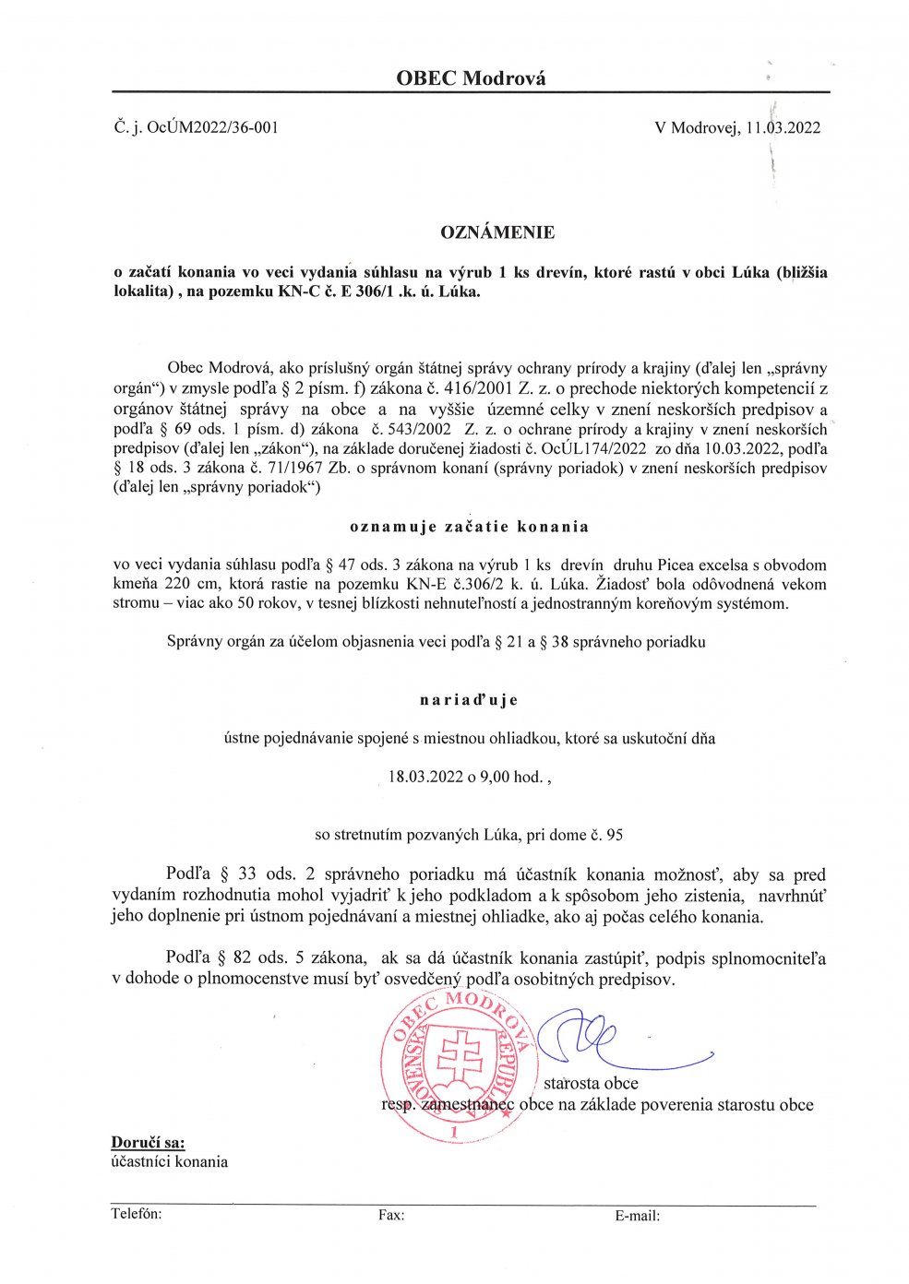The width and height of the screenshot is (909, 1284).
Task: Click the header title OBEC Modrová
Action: [x=471, y=78]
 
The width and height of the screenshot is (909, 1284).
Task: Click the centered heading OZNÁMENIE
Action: [x=497, y=232]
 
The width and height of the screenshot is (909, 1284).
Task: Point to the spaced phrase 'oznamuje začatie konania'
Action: [x=469, y=527]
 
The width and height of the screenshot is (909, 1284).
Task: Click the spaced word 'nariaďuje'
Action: [x=469, y=699]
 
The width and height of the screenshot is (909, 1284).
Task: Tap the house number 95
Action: [x=614, y=835]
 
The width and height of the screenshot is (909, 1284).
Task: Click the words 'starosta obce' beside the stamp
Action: [x=591, y=1083]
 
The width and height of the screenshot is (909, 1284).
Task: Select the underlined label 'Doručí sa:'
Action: [x=148, y=1142]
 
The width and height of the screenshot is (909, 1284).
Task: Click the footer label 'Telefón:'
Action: [x=137, y=1214]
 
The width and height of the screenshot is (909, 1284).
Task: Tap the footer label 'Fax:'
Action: [x=390, y=1216]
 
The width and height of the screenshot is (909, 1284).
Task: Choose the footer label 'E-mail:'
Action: [x=637, y=1216]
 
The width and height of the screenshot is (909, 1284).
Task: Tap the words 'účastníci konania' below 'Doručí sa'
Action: [x=169, y=1161]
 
